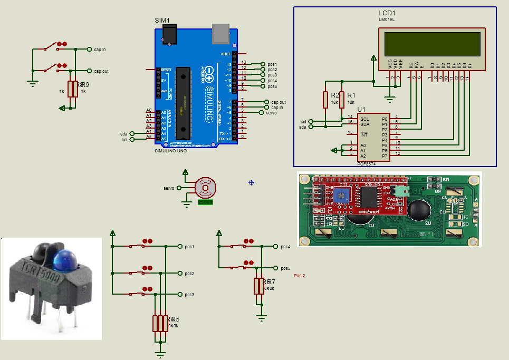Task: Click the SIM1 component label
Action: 162,21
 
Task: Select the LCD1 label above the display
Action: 387,12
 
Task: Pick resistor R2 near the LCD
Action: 326,99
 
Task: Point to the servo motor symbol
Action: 205,187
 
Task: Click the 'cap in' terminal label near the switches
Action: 100,50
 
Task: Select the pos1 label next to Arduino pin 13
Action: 272,64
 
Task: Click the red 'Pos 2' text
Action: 300,276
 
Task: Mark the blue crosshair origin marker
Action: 252,182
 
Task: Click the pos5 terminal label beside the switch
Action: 286,268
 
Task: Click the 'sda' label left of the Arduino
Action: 124,134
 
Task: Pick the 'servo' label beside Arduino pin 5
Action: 272,113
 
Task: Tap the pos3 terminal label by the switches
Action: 188,295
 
